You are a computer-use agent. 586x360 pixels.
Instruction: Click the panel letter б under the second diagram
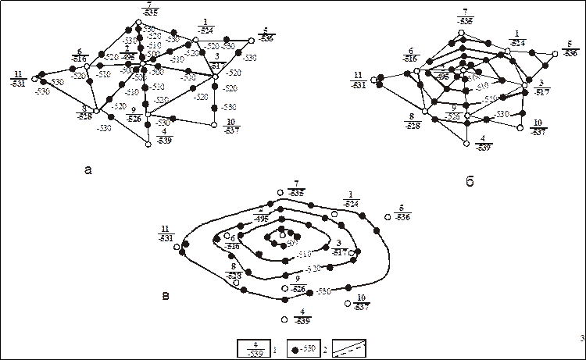point(470,182)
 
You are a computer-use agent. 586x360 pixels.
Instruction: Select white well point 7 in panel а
point(138,22)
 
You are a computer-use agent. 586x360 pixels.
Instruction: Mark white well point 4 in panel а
point(148,144)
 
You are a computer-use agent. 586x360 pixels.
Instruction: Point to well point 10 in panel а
point(214,123)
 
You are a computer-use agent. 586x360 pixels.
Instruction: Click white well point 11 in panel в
point(177,247)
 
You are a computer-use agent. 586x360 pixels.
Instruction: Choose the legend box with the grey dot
point(302,348)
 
